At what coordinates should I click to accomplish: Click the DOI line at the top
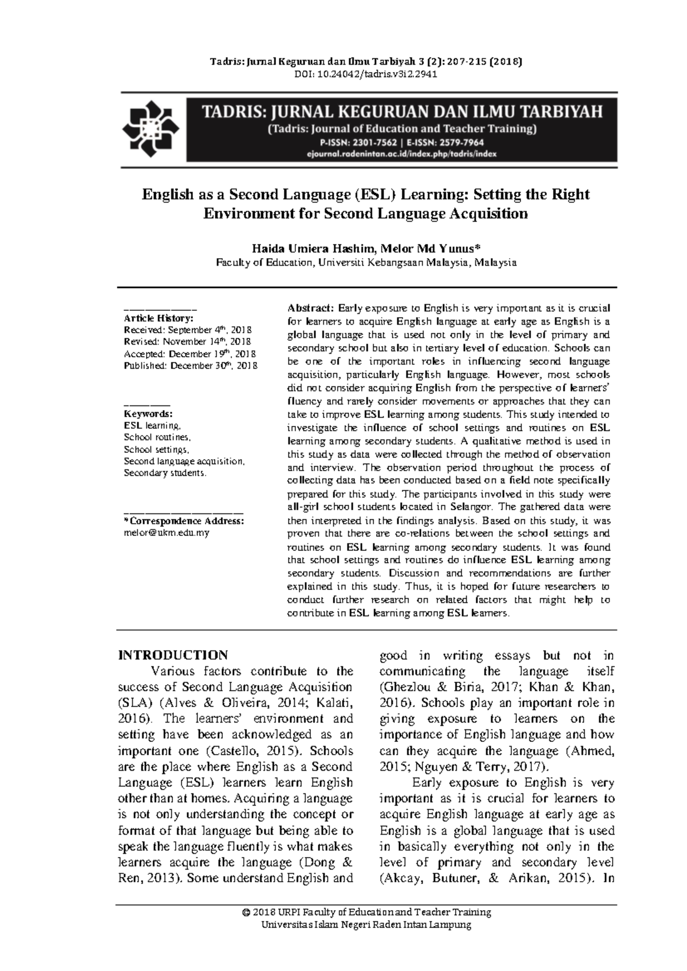point(365,74)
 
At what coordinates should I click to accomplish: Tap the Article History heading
point(159,318)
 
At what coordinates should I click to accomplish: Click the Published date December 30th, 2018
point(214,366)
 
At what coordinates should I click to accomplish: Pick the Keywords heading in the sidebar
point(148,414)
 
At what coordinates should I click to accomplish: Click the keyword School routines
point(157,437)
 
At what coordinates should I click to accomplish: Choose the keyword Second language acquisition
point(184,461)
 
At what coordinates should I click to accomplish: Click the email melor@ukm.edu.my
point(167,532)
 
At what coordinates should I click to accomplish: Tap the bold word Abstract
point(310,308)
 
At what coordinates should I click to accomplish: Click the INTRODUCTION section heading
point(173,655)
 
